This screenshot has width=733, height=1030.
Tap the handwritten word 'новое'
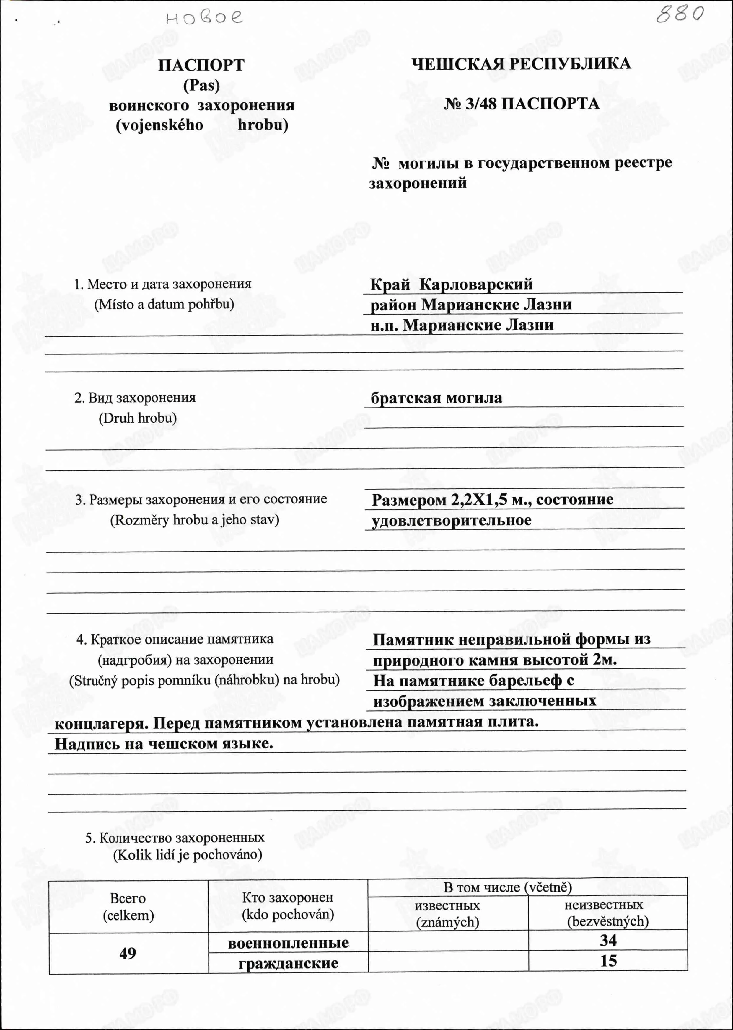click(204, 18)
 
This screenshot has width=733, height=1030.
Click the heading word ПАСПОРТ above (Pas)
click(201, 66)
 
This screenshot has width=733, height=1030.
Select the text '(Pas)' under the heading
click(201, 86)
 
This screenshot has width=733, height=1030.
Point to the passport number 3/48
click(481, 104)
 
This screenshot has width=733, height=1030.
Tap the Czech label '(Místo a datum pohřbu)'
click(164, 304)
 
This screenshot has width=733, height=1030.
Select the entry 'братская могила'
click(436, 398)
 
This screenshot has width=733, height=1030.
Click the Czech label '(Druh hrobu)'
click(138, 418)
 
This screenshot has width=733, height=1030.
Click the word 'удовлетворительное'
click(451, 520)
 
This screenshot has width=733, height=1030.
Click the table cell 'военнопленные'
click(288, 943)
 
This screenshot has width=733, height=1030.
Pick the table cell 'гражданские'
click(288, 963)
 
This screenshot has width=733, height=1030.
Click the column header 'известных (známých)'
click(447, 913)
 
